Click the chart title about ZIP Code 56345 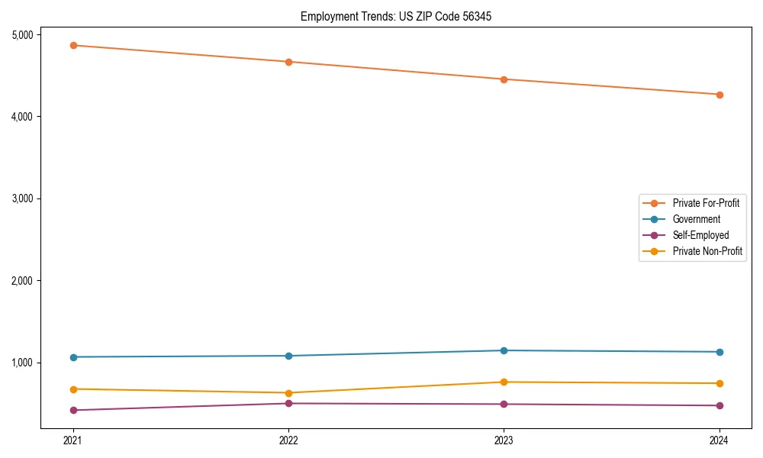391,16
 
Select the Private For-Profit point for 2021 73,45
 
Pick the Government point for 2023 504,350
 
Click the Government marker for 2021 73,357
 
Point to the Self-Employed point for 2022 288,403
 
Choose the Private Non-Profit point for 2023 504,382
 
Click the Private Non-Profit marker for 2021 73,389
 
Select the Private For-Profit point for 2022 288,62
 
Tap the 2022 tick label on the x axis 288,440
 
